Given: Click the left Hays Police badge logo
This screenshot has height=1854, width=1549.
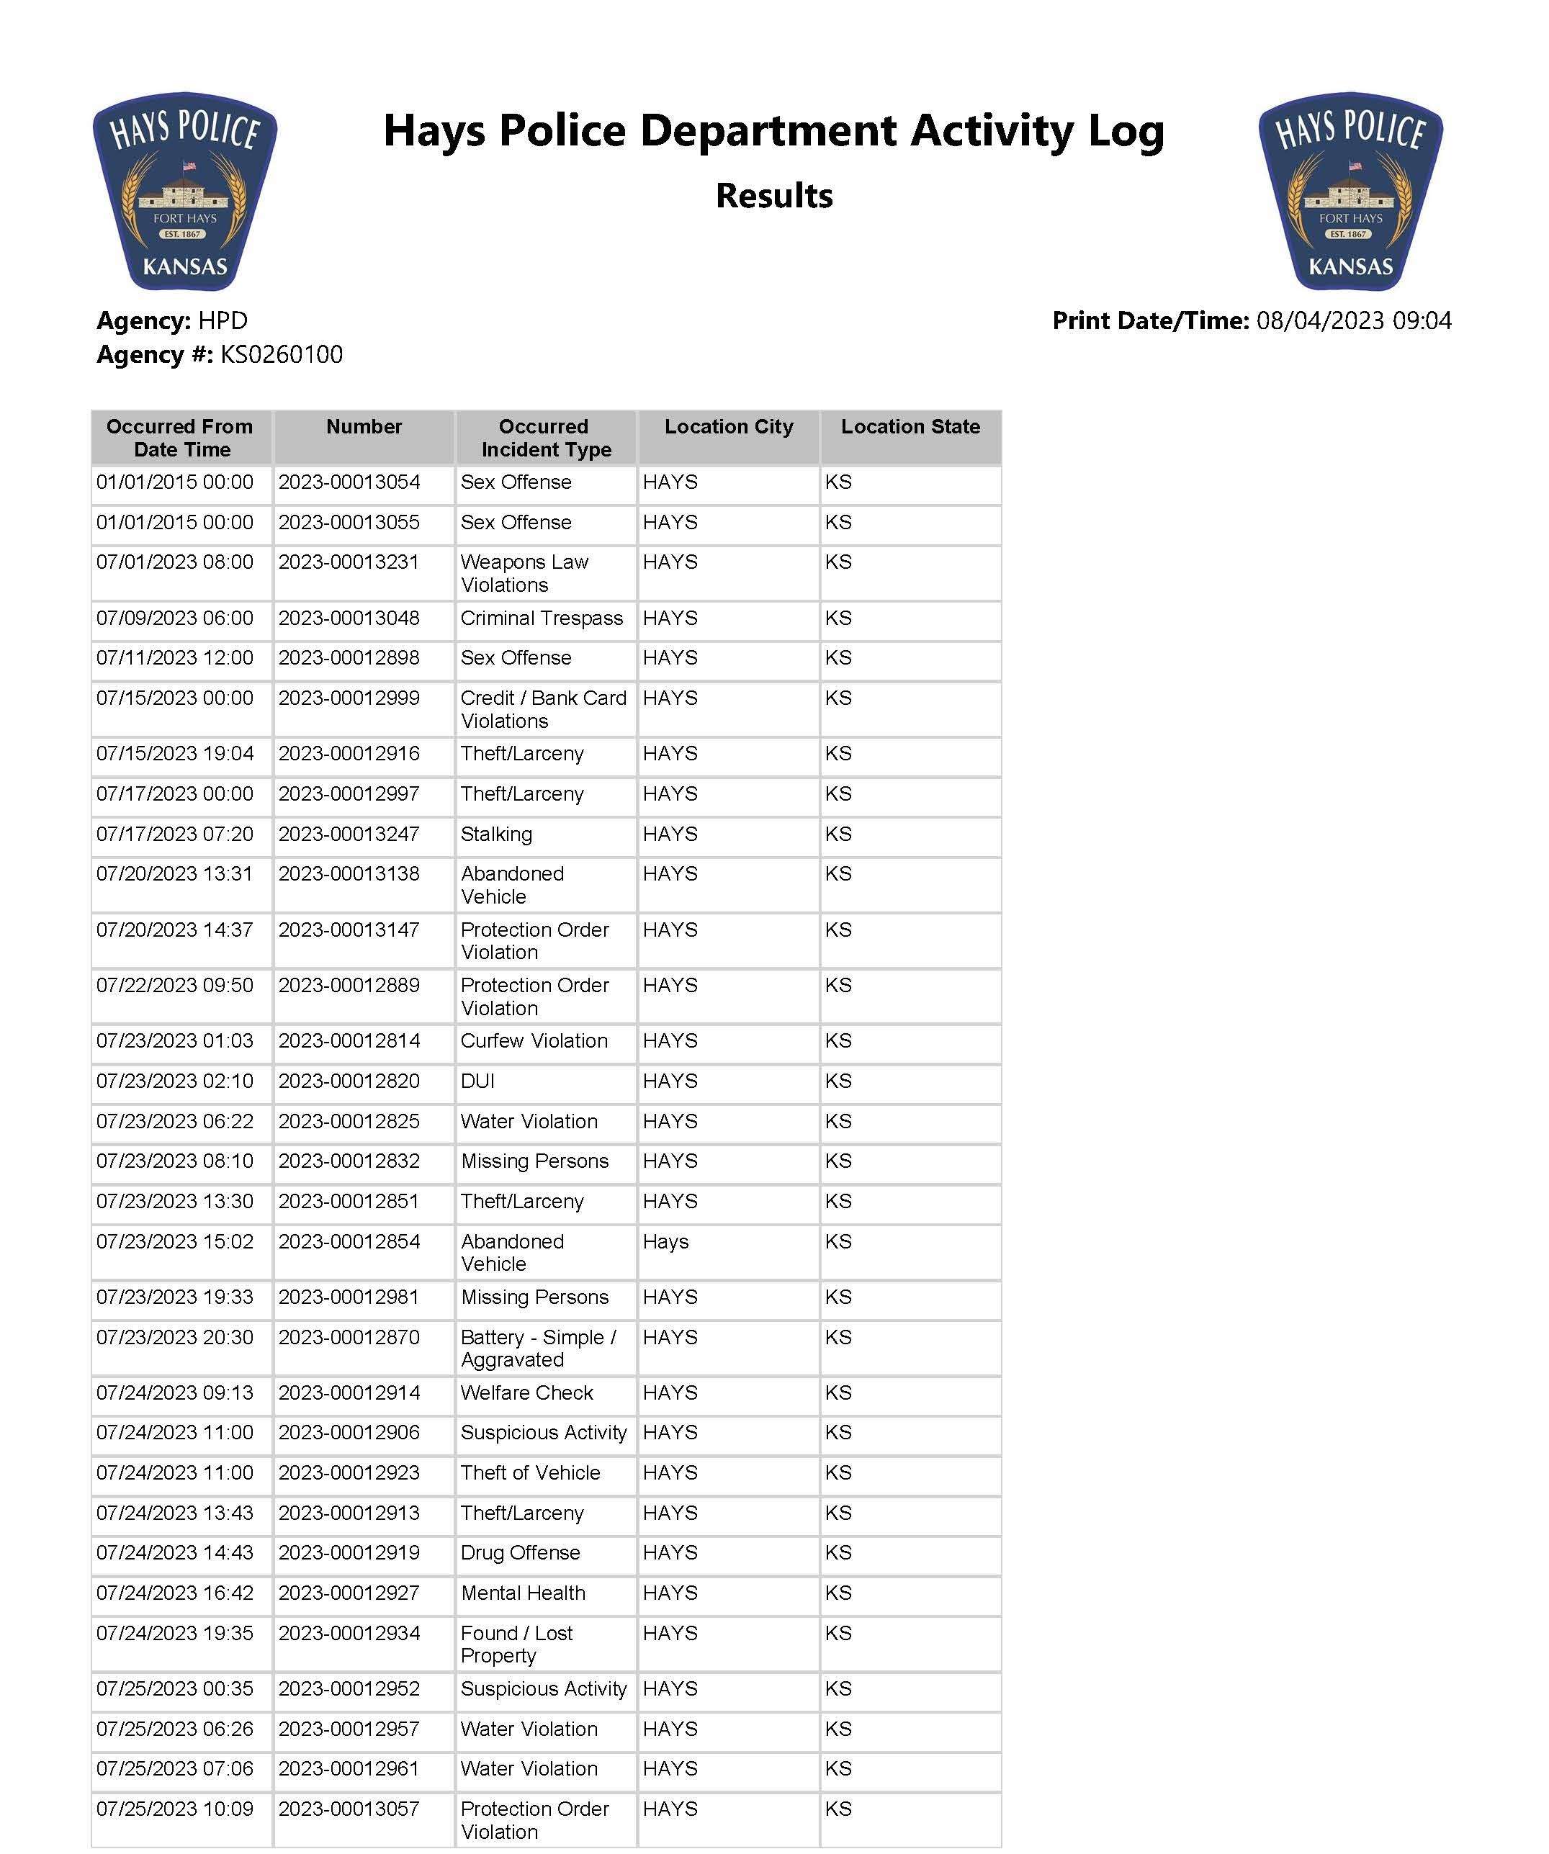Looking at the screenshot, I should click(184, 192).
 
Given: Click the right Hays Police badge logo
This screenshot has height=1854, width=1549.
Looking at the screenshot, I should click(1350, 192).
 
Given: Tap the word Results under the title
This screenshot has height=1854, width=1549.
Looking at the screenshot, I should click(773, 196).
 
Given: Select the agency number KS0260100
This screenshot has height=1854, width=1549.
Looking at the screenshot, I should click(281, 355).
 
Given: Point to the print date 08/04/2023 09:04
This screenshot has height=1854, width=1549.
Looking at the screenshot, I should click(1353, 320).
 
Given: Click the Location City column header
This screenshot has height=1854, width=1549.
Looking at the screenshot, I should click(729, 427).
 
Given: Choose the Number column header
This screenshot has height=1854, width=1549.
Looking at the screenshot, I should click(364, 427).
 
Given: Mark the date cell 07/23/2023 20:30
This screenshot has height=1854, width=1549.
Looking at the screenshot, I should click(175, 1338).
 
